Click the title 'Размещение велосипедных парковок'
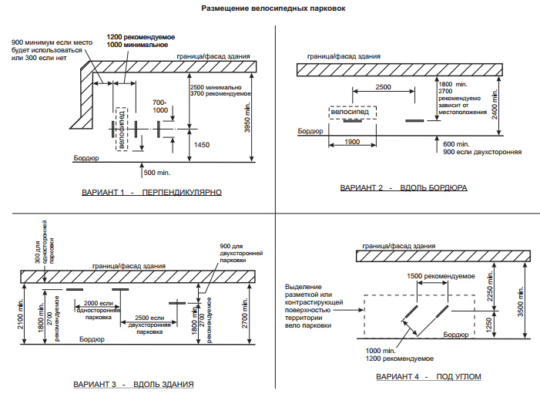coord(273,8)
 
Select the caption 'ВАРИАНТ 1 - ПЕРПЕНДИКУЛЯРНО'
coord(152,192)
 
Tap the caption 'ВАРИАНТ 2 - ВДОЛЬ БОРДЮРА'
coord(404,188)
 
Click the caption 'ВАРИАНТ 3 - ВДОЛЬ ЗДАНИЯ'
coord(133,384)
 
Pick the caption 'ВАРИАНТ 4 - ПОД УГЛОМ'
coord(428,377)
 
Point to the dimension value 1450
coord(202,145)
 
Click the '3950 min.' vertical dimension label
coord(247,117)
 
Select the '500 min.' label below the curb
coord(157,173)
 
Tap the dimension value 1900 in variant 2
coord(352,142)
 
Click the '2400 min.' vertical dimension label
coord(495,104)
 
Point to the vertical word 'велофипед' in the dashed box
coord(121,130)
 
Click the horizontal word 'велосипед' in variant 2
coord(350,112)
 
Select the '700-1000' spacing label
coord(160,106)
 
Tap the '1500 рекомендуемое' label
coord(441,276)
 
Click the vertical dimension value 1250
coord(489,325)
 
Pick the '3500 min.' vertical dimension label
coord(521,301)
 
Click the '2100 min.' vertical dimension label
coord(21,314)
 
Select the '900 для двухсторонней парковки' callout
coord(241,253)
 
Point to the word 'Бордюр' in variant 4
coord(455,335)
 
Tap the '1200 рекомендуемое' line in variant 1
coord(141,37)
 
